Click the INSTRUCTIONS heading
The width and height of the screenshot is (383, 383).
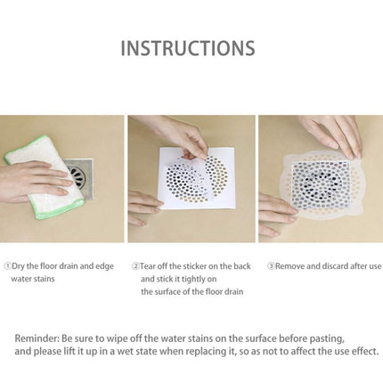click(188, 48)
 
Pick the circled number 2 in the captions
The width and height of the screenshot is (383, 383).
click(136, 265)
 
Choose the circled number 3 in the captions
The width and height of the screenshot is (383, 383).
click(271, 265)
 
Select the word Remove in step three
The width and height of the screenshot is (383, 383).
click(290, 265)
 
